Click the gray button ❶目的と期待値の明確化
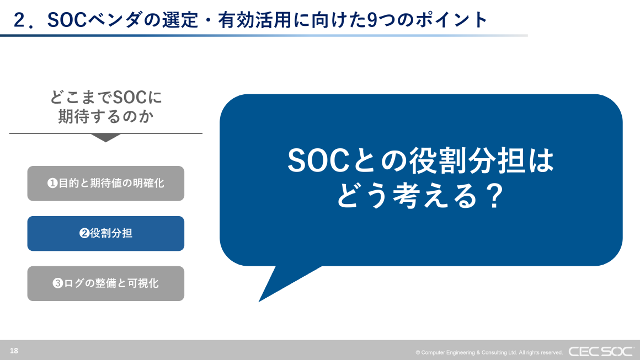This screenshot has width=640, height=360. coord(105,184)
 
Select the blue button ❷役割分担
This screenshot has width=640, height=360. coord(105,234)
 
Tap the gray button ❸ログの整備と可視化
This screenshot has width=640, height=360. coord(105,283)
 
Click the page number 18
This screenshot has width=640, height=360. coord(14,351)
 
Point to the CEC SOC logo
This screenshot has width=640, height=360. coord(601,351)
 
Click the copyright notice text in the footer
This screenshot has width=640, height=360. coord(489,352)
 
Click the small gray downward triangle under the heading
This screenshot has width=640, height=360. coord(105,138)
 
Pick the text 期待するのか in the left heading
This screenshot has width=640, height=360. coord(105,116)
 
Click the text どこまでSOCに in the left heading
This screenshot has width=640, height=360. coord(105,98)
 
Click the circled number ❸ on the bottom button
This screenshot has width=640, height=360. coord(57,284)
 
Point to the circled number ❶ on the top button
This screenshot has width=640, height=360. coord(52,184)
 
